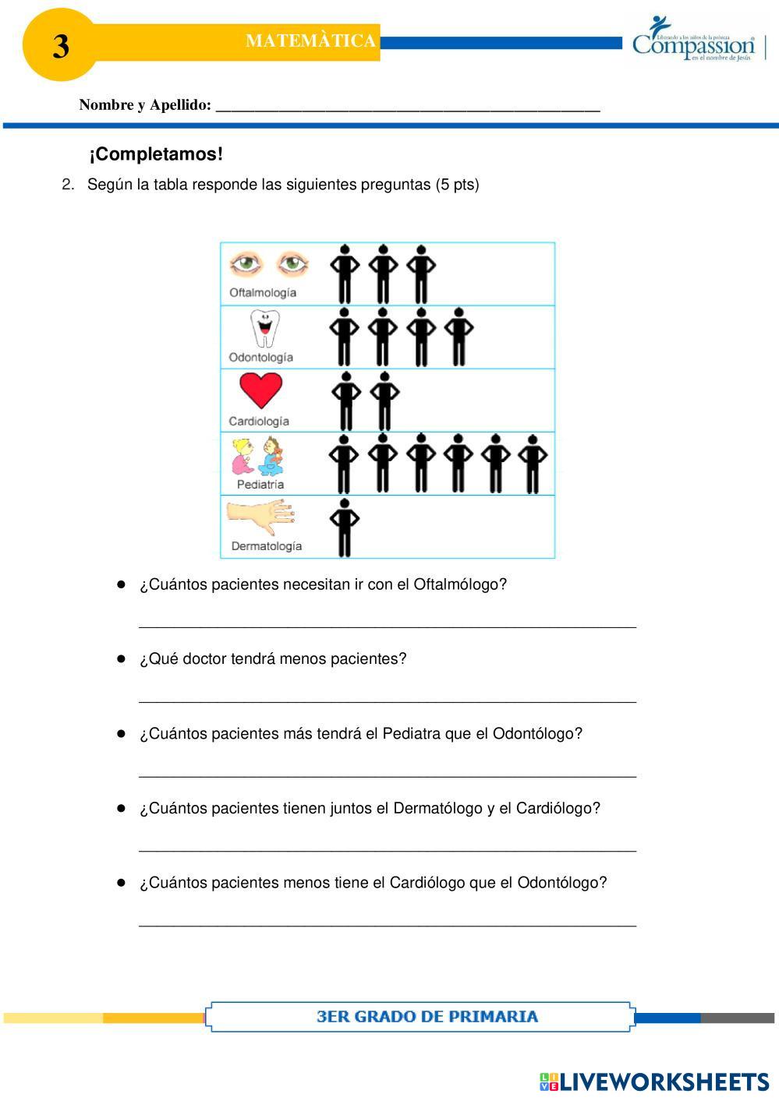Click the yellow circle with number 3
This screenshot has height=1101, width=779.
coord(60,45)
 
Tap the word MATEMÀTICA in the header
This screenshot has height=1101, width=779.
coord(310,41)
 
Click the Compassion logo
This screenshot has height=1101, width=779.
coord(694,40)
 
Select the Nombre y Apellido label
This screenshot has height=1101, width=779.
coord(145,105)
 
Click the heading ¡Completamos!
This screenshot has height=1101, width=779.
coord(156,154)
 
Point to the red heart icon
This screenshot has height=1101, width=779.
coord(260,390)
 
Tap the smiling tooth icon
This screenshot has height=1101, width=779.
coord(264,328)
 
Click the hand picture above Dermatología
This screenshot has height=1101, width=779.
coord(260,515)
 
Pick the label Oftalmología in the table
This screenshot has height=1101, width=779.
coord(263,293)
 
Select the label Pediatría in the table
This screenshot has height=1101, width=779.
coord(260,484)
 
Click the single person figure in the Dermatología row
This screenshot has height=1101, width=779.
coord(344,528)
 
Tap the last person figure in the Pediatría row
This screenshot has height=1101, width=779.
coord(533,464)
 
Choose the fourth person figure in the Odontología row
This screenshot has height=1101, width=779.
coord(459,337)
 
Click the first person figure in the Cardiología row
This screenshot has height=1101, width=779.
coord(346,401)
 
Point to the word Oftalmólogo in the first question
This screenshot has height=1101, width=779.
coord(459,584)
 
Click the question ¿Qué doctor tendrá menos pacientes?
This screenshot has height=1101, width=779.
coord(273,659)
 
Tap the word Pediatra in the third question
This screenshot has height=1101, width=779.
coord(411,734)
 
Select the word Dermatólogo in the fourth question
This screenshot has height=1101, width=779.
coord(437,809)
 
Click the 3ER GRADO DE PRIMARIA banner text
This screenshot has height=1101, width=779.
coord(427,1016)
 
